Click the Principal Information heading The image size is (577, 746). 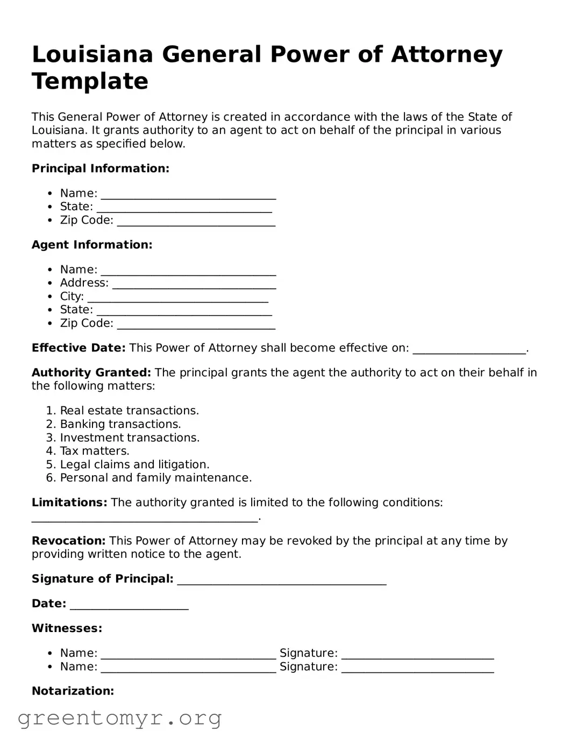point(101,169)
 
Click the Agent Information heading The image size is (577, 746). point(92,245)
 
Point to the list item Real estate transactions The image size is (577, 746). point(129,411)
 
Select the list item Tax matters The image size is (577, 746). point(95,451)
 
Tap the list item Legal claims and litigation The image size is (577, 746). point(134,464)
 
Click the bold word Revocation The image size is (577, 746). point(68,541)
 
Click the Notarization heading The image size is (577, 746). point(73,691)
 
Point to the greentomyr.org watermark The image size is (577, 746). point(119,718)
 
